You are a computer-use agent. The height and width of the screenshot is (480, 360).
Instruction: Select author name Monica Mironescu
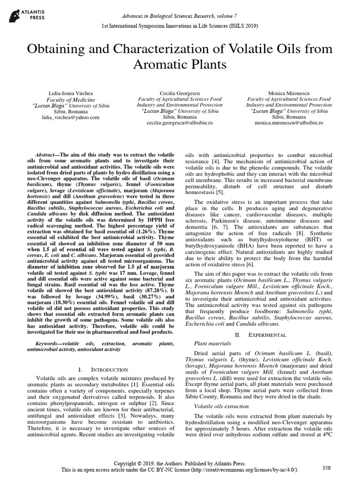pos(289,93)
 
